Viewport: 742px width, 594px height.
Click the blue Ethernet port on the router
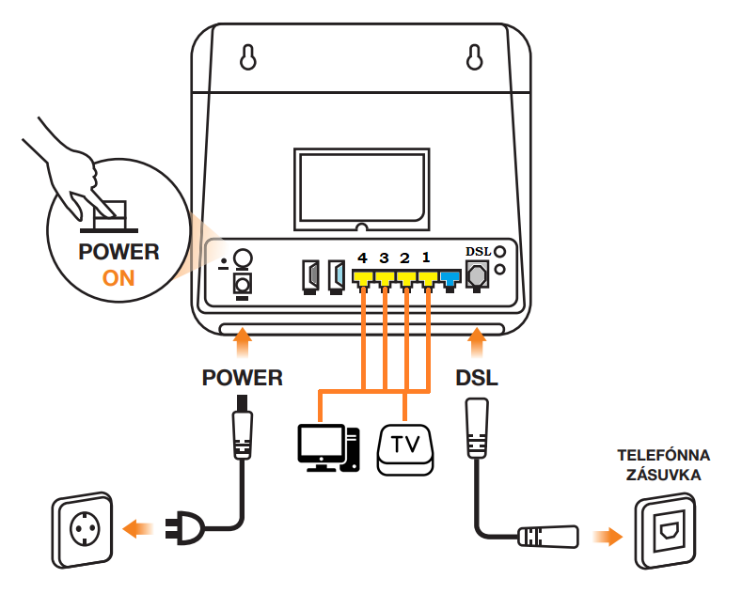450,280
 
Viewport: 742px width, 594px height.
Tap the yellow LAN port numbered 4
363,279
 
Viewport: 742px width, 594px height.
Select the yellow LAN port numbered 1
428,279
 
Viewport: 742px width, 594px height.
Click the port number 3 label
384,258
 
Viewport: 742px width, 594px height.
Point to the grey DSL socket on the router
477,275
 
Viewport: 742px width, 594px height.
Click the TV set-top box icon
405,449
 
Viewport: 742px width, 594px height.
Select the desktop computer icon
328,448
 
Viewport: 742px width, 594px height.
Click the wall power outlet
83,529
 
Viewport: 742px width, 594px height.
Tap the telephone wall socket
666,531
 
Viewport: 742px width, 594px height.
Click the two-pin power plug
185,528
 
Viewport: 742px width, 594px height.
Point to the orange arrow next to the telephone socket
608,537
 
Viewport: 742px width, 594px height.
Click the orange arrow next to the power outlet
137,528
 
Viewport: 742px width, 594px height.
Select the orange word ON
118,278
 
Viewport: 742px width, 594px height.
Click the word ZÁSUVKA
663,475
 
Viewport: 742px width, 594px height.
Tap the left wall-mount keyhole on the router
248,57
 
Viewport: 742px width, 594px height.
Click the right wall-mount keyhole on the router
474,57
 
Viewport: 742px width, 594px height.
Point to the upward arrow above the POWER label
243,342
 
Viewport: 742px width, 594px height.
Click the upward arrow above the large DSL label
477,342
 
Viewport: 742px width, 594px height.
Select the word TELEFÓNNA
663,455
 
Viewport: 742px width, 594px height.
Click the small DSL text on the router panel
478,252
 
